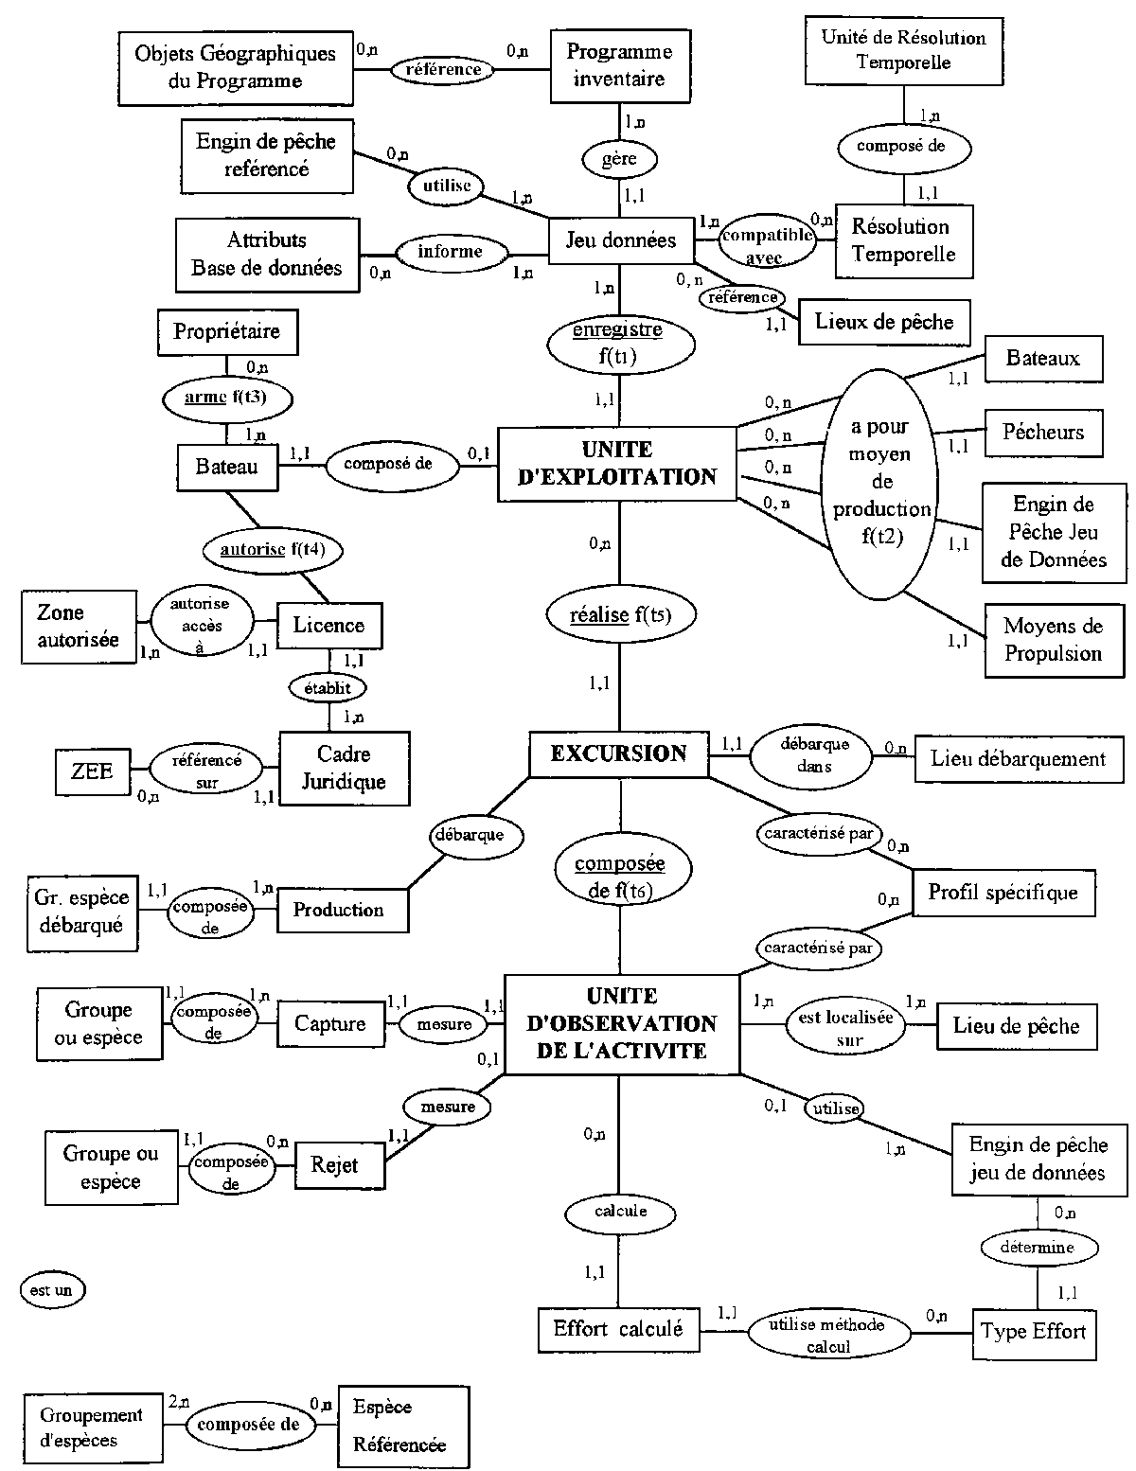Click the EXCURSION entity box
(619, 754)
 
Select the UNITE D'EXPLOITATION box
(617, 463)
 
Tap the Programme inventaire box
(619, 66)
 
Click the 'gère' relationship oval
(619, 159)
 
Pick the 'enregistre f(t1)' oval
(619, 344)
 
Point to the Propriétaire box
(226, 332)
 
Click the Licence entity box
(328, 625)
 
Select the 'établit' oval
(328, 688)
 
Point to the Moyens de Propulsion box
(1053, 640)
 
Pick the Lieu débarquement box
(1018, 758)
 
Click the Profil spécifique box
(1003, 892)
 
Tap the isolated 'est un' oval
(52, 1289)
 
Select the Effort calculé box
(618, 1329)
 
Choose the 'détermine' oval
(1038, 1248)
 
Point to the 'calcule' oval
(620, 1211)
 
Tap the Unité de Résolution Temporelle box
(903, 50)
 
